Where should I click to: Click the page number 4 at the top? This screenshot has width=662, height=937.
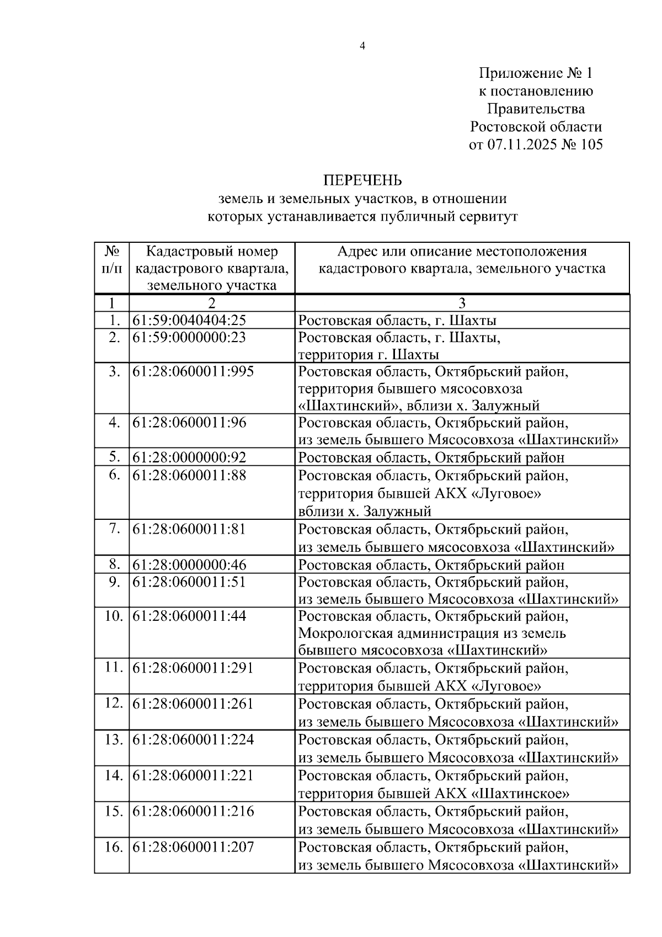(x=362, y=46)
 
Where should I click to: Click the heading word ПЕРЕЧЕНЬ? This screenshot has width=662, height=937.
(x=362, y=180)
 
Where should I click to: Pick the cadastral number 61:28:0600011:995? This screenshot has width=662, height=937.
(x=193, y=371)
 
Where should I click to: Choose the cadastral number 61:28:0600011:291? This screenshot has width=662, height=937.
(x=193, y=668)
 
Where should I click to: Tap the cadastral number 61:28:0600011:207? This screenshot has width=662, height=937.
(x=193, y=847)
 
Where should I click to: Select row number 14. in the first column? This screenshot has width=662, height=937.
(x=113, y=775)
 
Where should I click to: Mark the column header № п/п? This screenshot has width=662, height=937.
(x=112, y=260)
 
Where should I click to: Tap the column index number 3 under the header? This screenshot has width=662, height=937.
(x=462, y=303)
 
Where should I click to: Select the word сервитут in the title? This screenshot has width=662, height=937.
(x=488, y=216)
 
